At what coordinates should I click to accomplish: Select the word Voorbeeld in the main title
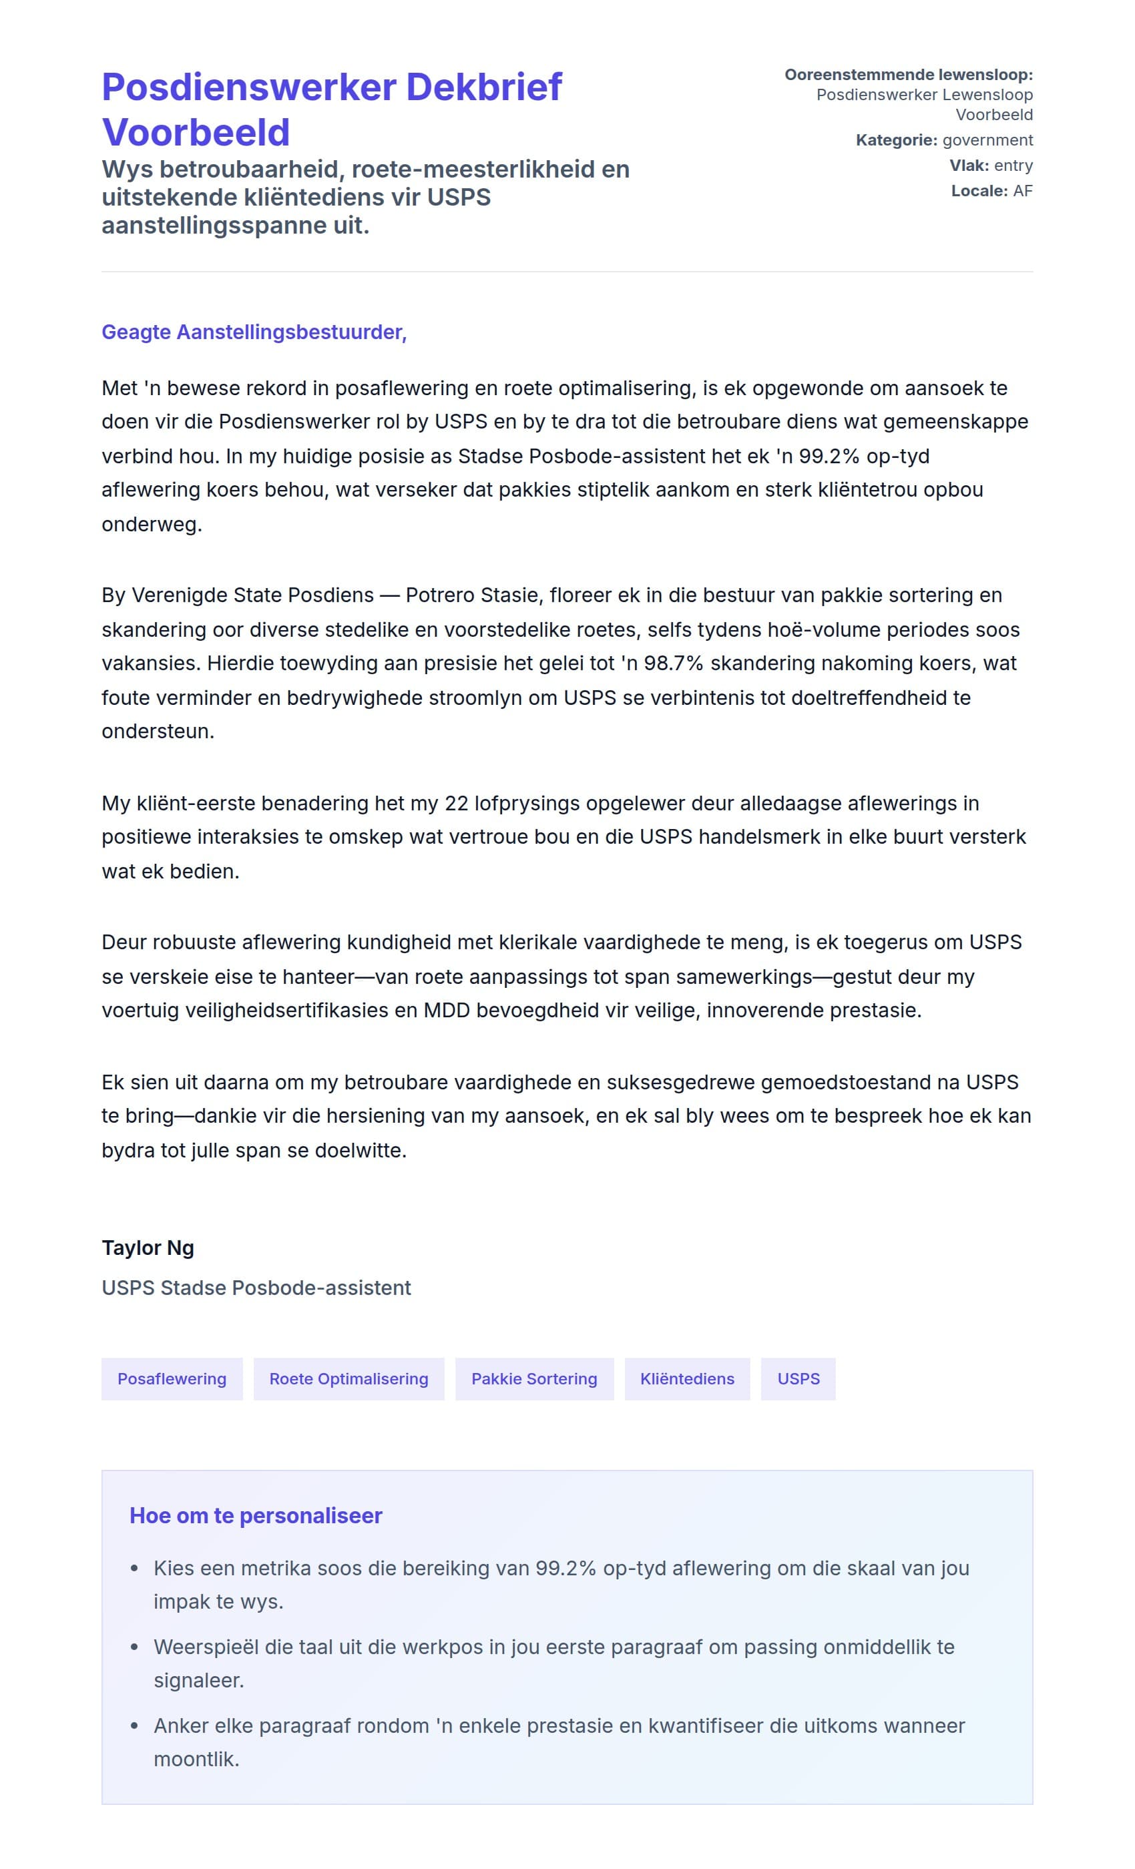(196, 133)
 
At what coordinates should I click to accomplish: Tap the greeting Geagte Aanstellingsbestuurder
(254, 332)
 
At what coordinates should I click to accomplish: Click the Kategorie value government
(987, 140)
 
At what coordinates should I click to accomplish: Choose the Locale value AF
(1023, 191)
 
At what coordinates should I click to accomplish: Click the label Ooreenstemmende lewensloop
(908, 75)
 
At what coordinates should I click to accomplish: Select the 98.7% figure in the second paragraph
(673, 663)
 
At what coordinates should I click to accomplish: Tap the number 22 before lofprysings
(457, 803)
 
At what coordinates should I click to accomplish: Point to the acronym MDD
(446, 1011)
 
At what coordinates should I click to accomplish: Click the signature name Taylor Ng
(148, 1248)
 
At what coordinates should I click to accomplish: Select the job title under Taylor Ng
(256, 1288)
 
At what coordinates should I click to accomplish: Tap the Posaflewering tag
(172, 1379)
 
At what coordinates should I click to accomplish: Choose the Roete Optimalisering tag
(349, 1379)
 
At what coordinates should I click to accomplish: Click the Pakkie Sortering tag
(534, 1379)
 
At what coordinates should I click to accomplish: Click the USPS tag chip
(798, 1379)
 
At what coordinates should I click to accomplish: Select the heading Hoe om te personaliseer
(256, 1515)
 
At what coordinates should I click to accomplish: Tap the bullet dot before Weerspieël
(134, 1647)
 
